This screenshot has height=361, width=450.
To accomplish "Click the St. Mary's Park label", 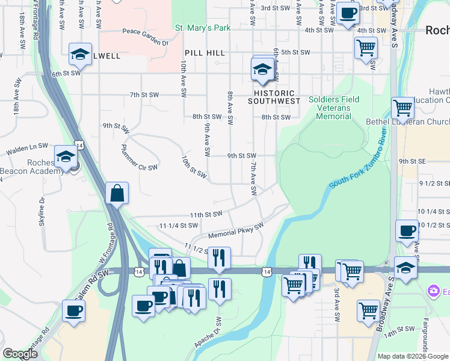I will click(x=203, y=28).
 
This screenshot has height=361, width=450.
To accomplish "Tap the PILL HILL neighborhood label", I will click(x=201, y=54).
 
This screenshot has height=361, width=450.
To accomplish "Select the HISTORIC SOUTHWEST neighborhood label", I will click(x=274, y=97).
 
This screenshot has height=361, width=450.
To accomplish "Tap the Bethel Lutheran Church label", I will click(x=407, y=122).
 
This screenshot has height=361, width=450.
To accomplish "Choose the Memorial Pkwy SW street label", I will click(x=236, y=232).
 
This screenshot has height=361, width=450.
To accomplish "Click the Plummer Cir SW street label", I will click(x=139, y=157).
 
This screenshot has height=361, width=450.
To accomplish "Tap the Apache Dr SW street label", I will click(x=209, y=333).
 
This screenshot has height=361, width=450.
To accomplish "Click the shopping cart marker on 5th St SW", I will click(x=366, y=48).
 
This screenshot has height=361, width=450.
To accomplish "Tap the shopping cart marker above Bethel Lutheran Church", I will click(x=402, y=108).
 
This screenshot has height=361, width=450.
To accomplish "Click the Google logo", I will click(x=20, y=354).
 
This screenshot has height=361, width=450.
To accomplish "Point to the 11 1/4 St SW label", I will click(x=179, y=226).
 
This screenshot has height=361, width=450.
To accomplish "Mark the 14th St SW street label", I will click(x=401, y=329).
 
